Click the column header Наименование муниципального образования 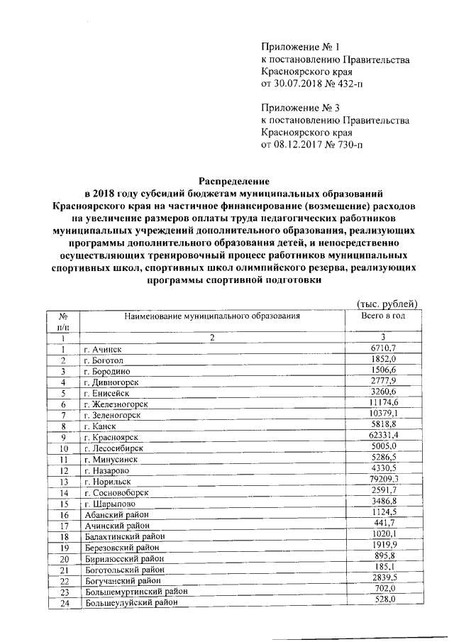[213, 315]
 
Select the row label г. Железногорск [113, 404]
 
